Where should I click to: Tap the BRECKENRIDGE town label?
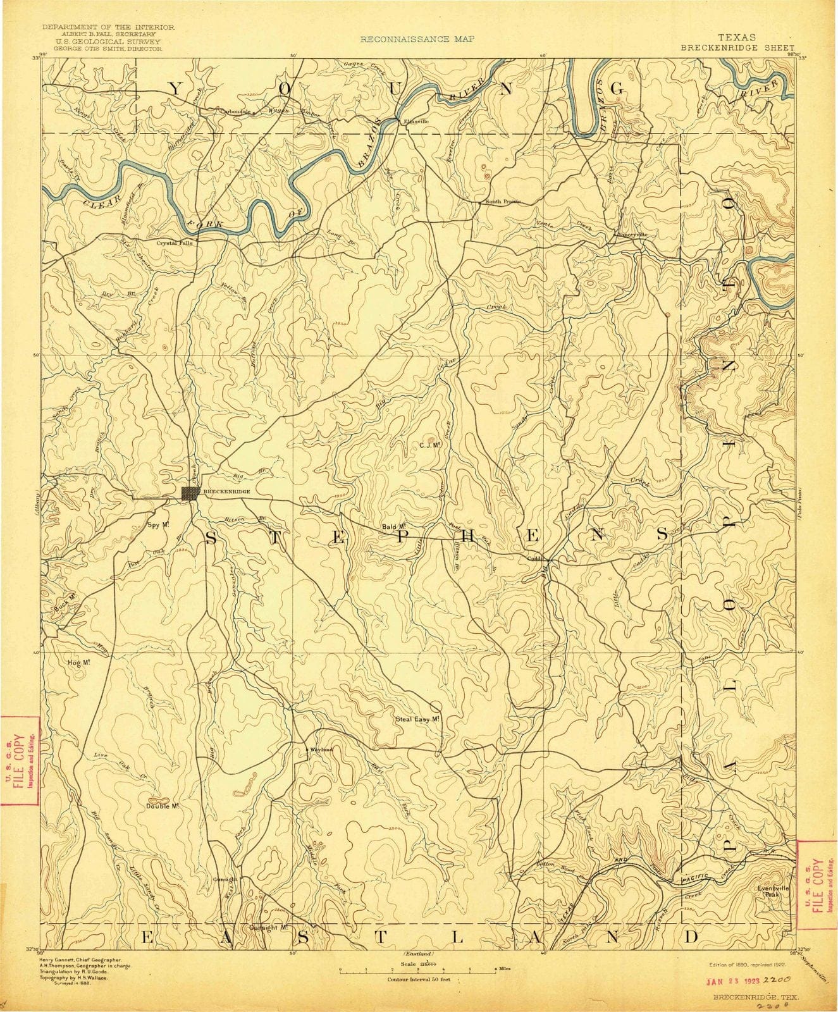(x=226, y=491)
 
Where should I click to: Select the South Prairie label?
(x=503, y=202)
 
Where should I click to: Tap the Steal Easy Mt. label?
(x=417, y=719)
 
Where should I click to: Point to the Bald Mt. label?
(x=393, y=526)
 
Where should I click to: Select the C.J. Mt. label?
(x=429, y=445)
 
